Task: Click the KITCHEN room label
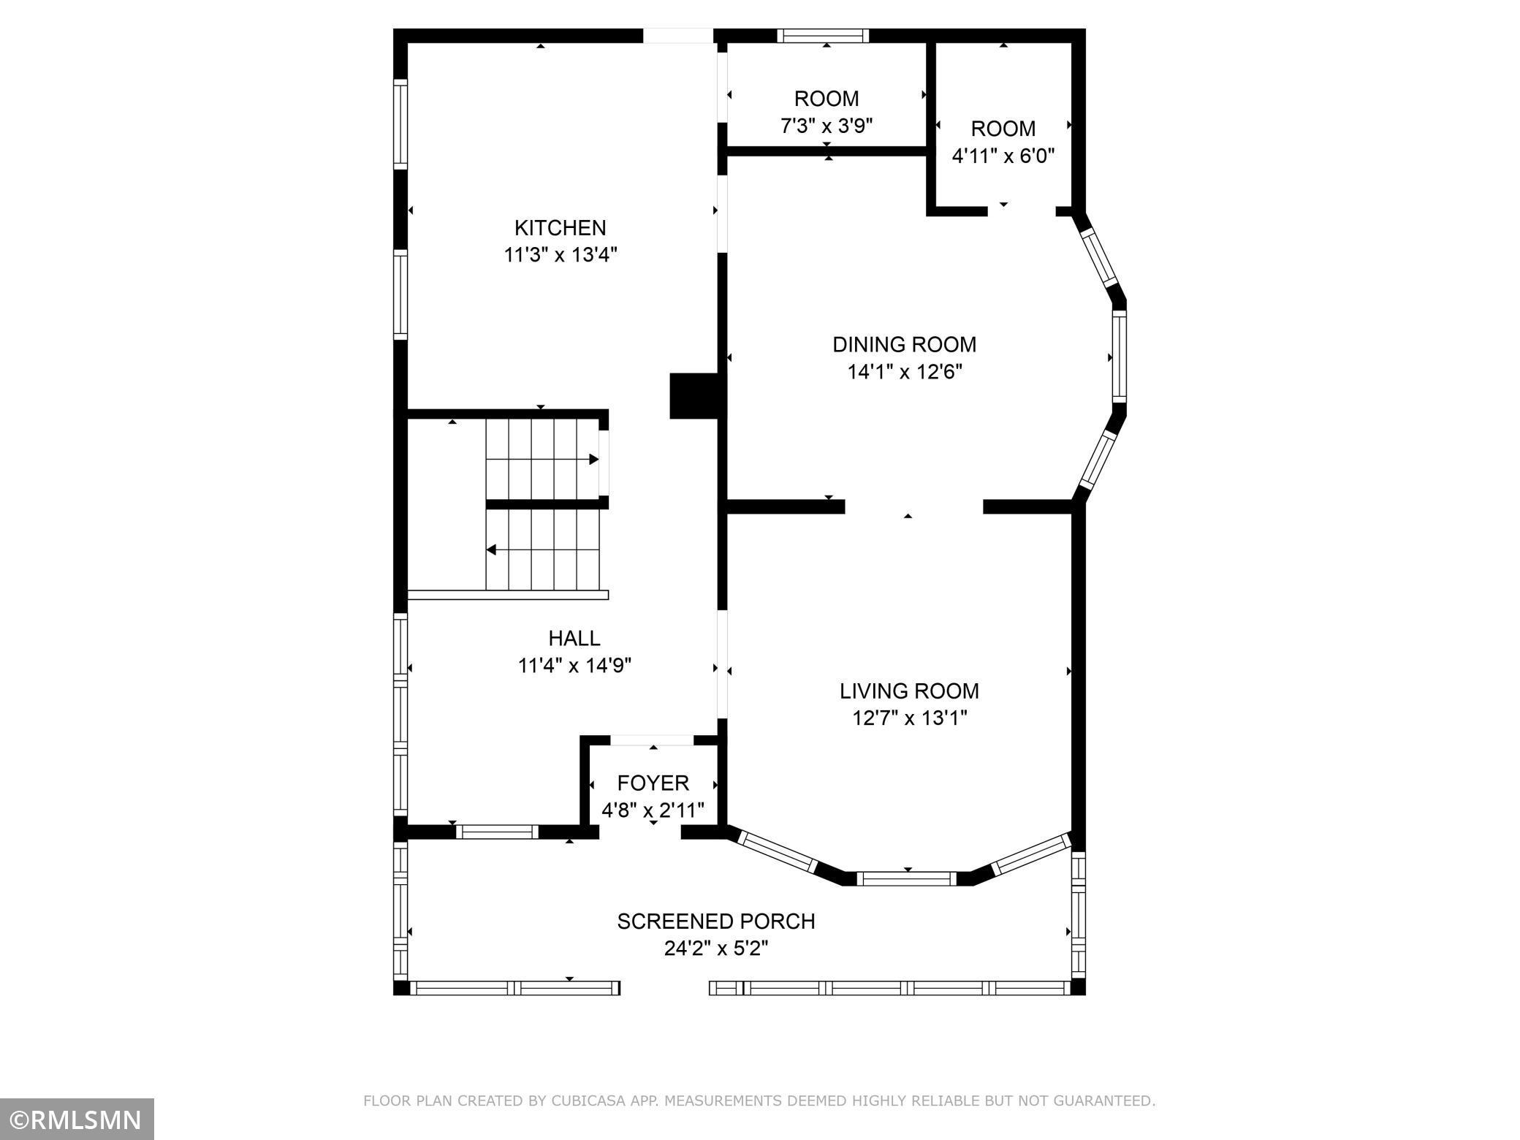tap(560, 228)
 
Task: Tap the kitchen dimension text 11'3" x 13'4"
tap(560, 255)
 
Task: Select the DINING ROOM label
tap(905, 344)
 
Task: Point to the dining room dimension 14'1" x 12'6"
tap(905, 372)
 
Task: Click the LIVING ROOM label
tap(909, 691)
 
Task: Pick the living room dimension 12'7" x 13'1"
tap(910, 718)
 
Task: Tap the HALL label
tap(574, 638)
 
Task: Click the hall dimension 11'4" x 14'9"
tap(574, 666)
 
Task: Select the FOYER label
tap(653, 783)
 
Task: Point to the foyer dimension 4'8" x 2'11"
tap(653, 810)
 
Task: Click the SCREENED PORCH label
tap(716, 921)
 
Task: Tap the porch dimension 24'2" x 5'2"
tap(716, 949)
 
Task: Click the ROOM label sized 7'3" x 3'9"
tap(826, 99)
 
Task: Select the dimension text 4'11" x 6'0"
tap(1003, 156)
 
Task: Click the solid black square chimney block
tap(695, 396)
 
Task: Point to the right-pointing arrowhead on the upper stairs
tap(594, 460)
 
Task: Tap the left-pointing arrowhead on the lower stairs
tap(492, 550)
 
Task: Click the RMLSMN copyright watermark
tap(77, 1119)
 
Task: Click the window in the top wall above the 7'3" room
tap(823, 36)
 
